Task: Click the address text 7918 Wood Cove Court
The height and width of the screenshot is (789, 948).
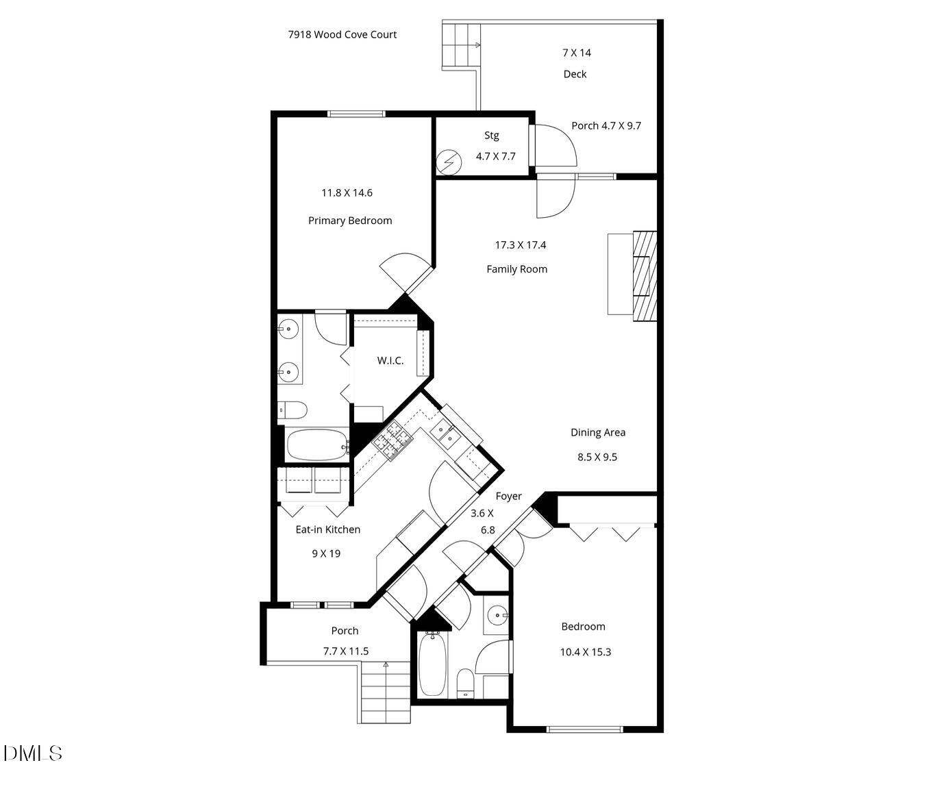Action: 342,34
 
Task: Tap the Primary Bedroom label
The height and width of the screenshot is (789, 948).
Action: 350,221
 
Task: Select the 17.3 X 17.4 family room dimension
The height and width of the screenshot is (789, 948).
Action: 521,245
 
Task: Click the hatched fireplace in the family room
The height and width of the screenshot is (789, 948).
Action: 644,276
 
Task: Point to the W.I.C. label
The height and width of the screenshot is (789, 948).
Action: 390,361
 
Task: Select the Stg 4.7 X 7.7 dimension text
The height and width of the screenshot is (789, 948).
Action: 496,156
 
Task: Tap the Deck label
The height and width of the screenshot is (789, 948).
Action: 575,74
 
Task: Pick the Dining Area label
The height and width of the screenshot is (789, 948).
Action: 598,432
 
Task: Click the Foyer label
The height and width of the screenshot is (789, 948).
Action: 508,496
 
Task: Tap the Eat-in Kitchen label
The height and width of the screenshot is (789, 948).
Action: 327,529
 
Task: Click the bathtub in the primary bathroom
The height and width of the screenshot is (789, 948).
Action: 316,444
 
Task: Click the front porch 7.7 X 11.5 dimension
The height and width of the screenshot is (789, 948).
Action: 346,651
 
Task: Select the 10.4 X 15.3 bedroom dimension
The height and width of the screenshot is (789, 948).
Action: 586,652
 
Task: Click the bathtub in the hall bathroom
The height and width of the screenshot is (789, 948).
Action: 432,664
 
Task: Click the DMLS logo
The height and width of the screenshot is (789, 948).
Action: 33,753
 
